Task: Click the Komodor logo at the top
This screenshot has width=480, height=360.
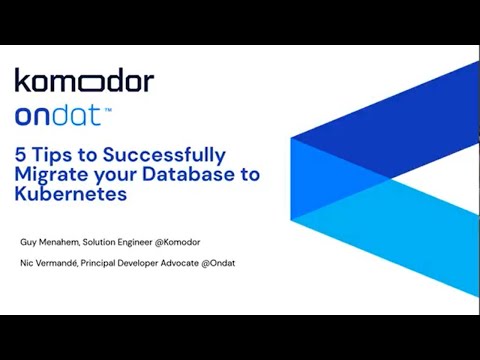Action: tap(84, 81)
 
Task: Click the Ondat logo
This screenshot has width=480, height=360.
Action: tap(57, 115)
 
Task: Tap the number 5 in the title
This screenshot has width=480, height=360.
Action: tap(20, 155)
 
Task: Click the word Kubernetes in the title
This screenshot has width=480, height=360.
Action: tap(71, 194)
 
